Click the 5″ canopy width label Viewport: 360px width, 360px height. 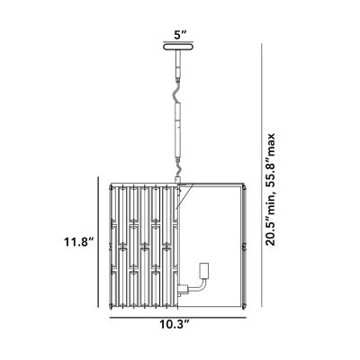180,39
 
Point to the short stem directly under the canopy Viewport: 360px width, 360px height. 180,71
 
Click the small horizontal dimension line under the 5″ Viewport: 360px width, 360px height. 180,49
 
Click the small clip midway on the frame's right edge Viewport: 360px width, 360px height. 246,245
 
